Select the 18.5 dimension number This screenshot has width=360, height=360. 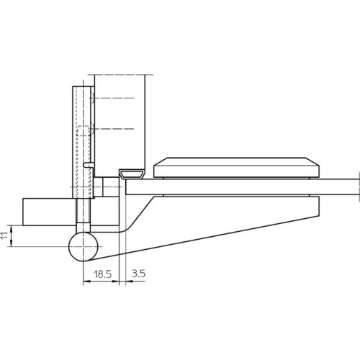pos(102,274)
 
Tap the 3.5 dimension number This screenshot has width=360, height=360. pos(138,274)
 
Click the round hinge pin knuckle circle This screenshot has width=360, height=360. pos(84,246)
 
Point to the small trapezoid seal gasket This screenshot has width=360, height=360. pos(132,174)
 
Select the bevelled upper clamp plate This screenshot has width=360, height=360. pos(236,168)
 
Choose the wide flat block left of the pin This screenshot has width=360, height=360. pos(48,212)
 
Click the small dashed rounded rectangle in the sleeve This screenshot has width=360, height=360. pos(84,131)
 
